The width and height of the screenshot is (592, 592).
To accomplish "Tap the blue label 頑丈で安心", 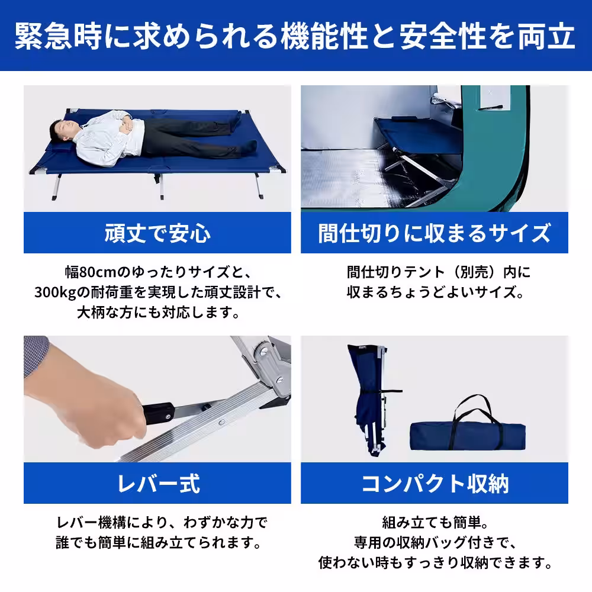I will [157, 233].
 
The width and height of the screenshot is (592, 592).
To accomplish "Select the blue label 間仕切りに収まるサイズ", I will [434, 233].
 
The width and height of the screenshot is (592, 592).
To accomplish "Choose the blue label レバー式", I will [157, 484].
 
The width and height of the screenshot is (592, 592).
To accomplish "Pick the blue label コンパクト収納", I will [434, 484].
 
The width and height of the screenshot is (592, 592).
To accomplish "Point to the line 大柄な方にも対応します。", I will [157, 313].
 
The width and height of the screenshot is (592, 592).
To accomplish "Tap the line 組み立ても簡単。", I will [434, 523].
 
